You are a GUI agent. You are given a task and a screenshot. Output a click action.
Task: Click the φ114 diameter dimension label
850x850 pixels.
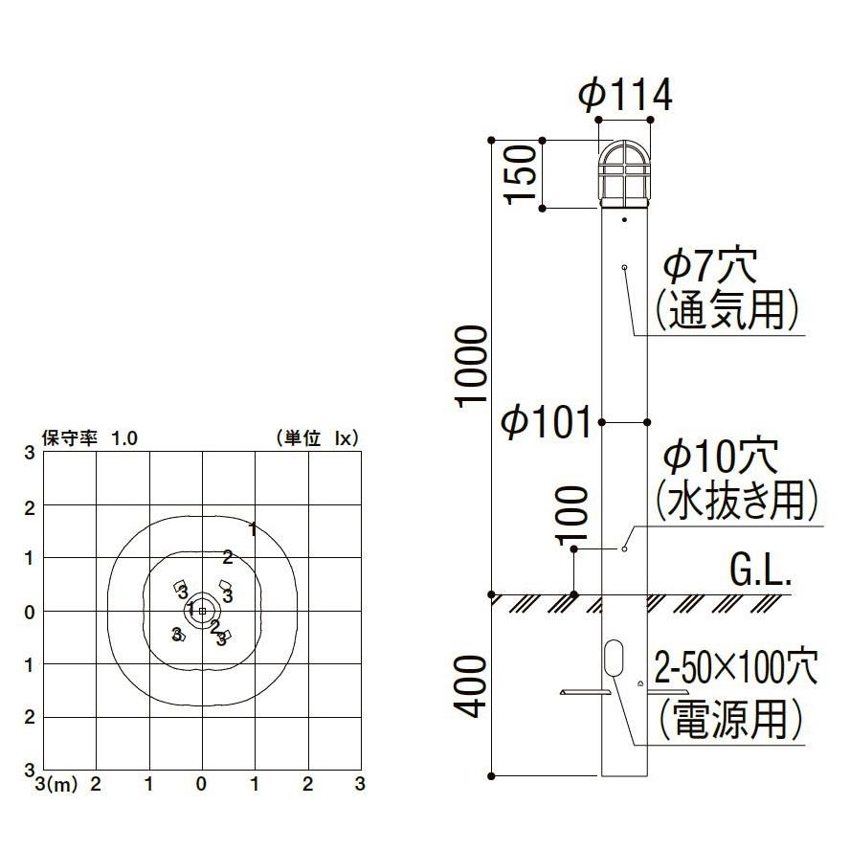[x=625, y=95]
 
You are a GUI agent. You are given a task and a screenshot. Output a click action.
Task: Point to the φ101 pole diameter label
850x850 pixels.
[x=547, y=421]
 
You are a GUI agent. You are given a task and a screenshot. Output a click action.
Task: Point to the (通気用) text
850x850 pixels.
[x=727, y=309]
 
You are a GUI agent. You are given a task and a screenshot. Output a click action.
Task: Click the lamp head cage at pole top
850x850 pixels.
[x=624, y=174]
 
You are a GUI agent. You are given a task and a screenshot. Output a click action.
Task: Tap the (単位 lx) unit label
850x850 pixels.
[x=316, y=438]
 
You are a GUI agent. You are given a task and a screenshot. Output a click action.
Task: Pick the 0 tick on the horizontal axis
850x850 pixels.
[x=201, y=784]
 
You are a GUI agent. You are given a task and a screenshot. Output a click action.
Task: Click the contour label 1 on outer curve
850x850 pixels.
[x=253, y=527]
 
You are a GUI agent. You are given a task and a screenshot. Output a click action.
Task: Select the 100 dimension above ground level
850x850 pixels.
[x=571, y=513]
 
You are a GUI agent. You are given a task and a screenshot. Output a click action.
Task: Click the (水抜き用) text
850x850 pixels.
[x=737, y=498]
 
